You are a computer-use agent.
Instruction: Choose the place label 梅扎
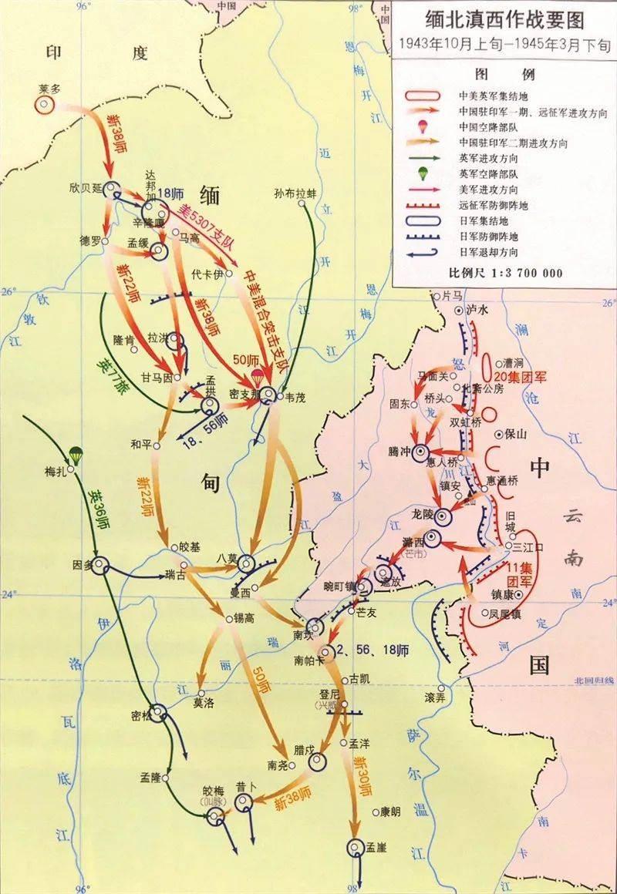[x=57, y=472]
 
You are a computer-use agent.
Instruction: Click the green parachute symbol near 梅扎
[x=75, y=455]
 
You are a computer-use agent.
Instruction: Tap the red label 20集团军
[x=520, y=377]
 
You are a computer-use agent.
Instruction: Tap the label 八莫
[x=229, y=560]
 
